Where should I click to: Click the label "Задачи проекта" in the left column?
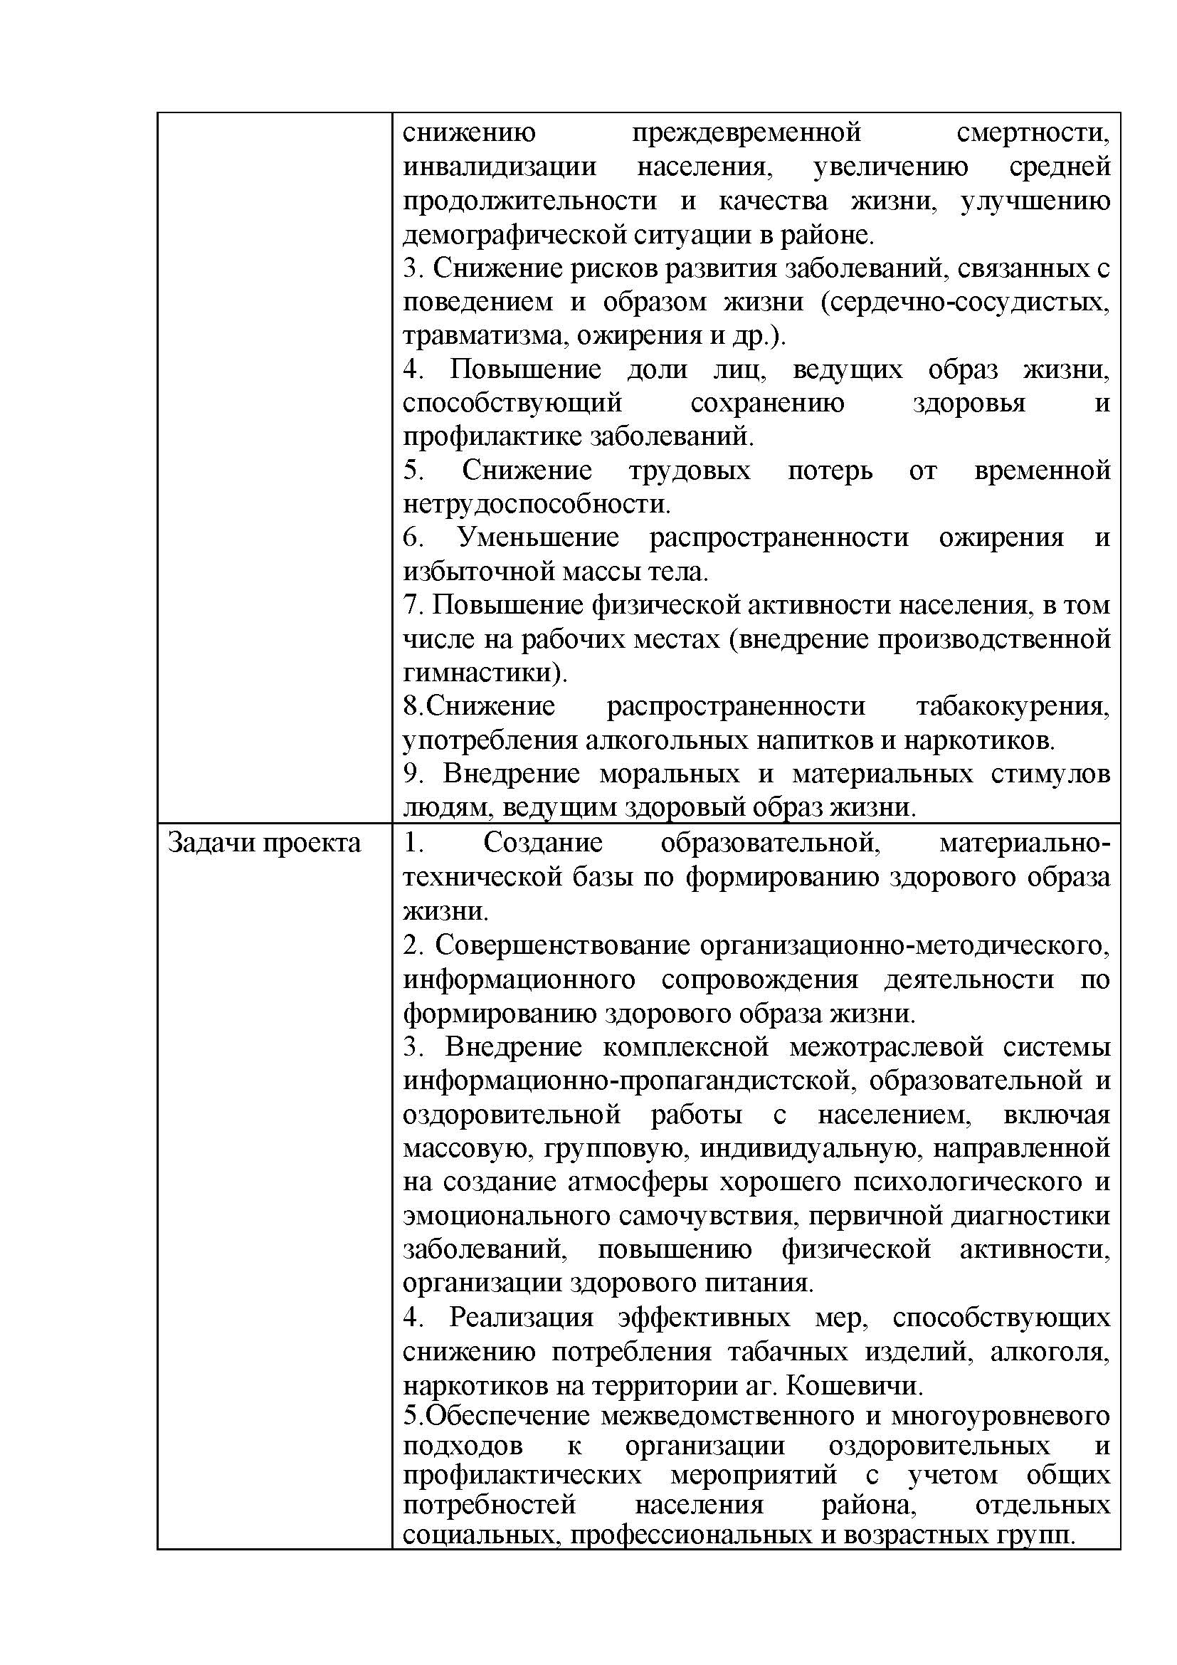point(264,844)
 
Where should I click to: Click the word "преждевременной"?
point(746,132)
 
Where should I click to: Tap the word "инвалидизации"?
point(500,167)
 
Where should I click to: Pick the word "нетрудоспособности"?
point(536,504)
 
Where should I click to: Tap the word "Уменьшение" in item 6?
point(539,537)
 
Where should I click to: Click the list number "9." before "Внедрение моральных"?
point(413,774)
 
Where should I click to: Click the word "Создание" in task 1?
point(543,843)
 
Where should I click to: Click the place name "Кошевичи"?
point(854,1386)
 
